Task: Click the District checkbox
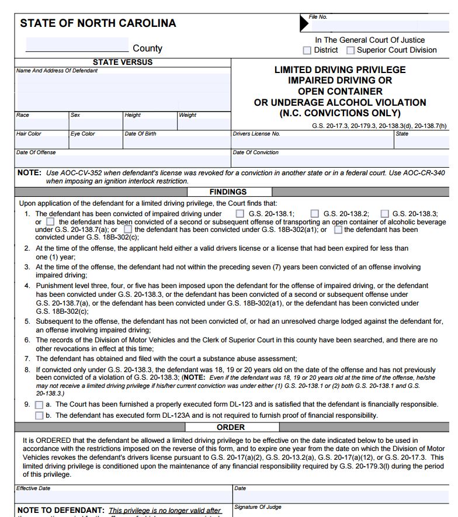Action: click(x=307, y=50)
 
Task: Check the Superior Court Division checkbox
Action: click(x=351, y=50)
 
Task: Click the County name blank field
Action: click(x=77, y=45)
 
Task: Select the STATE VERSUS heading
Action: click(x=123, y=62)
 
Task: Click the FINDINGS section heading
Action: click(x=228, y=192)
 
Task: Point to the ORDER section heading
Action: click(x=231, y=427)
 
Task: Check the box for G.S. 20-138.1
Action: click(x=240, y=214)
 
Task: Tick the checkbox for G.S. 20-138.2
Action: click(x=315, y=214)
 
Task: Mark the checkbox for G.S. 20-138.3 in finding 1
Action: click(x=385, y=214)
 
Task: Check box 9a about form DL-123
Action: click(x=39, y=404)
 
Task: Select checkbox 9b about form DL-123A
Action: click(x=39, y=415)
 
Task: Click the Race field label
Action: click(x=23, y=115)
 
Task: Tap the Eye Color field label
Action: click(x=82, y=134)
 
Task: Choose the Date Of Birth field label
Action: click(x=140, y=134)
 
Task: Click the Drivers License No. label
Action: click(x=256, y=134)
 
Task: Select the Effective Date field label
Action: click(x=33, y=488)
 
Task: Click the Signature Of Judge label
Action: click(x=258, y=507)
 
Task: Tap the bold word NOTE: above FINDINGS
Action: click(x=29, y=173)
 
